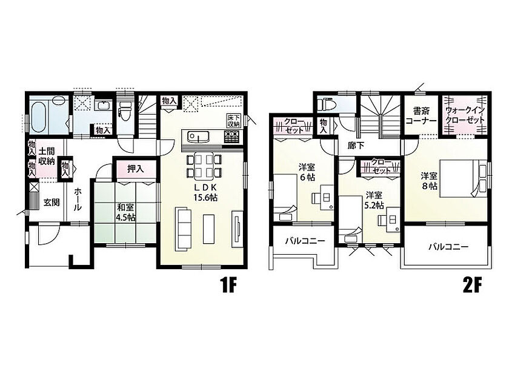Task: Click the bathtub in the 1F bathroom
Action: tap(39, 116)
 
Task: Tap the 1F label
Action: tap(229, 286)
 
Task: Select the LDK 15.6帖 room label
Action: tap(205, 192)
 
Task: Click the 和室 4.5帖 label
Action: tap(126, 212)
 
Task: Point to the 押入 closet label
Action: tap(135, 169)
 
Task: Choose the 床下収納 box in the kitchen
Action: tap(233, 121)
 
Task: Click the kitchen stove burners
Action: tap(231, 136)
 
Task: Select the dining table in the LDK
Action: tap(204, 166)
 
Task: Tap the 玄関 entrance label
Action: tap(52, 203)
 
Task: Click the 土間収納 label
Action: tap(47, 156)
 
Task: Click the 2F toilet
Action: tap(325, 104)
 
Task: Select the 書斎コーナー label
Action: tap(421, 116)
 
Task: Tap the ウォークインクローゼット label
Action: tap(465, 115)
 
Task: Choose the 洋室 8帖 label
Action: tap(429, 181)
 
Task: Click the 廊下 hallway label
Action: tap(356, 146)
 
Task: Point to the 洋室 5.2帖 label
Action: tap(374, 200)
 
